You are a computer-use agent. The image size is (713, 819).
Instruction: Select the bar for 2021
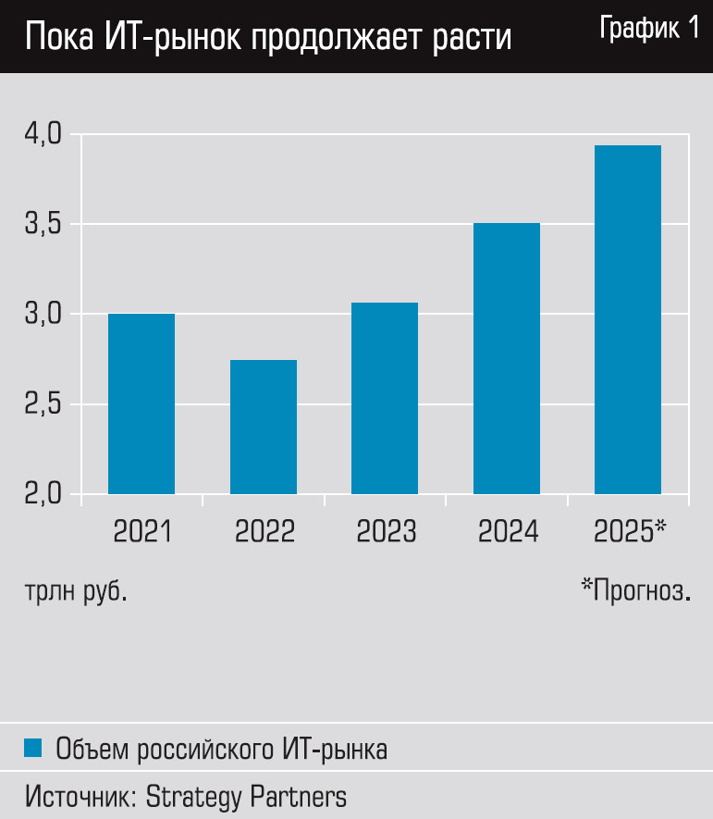point(141,403)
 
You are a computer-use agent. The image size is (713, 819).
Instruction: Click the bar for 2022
point(264,427)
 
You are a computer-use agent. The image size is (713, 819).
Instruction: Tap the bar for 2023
point(385,398)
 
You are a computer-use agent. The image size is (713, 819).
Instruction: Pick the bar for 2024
point(507,358)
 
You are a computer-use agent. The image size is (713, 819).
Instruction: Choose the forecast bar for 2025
point(628,319)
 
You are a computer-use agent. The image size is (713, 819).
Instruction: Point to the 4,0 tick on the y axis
point(42,135)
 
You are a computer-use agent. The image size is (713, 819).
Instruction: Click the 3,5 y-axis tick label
point(42,225)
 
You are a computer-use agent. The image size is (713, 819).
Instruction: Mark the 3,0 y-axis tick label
point(42,315)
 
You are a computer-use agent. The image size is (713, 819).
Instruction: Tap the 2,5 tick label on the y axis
point(42,404)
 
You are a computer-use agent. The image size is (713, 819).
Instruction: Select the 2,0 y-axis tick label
point(42,494)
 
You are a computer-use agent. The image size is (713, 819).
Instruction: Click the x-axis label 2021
point(142,531)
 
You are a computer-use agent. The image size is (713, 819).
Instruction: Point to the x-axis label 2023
point(386,531)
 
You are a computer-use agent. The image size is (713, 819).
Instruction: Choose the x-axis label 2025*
point(630,531)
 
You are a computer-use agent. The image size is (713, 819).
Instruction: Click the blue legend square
point(33,748)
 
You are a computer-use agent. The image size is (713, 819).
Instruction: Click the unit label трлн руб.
point(76,590)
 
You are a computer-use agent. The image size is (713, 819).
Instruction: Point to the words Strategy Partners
point(246,796)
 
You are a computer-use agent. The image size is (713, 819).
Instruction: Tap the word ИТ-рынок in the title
point(185,37)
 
